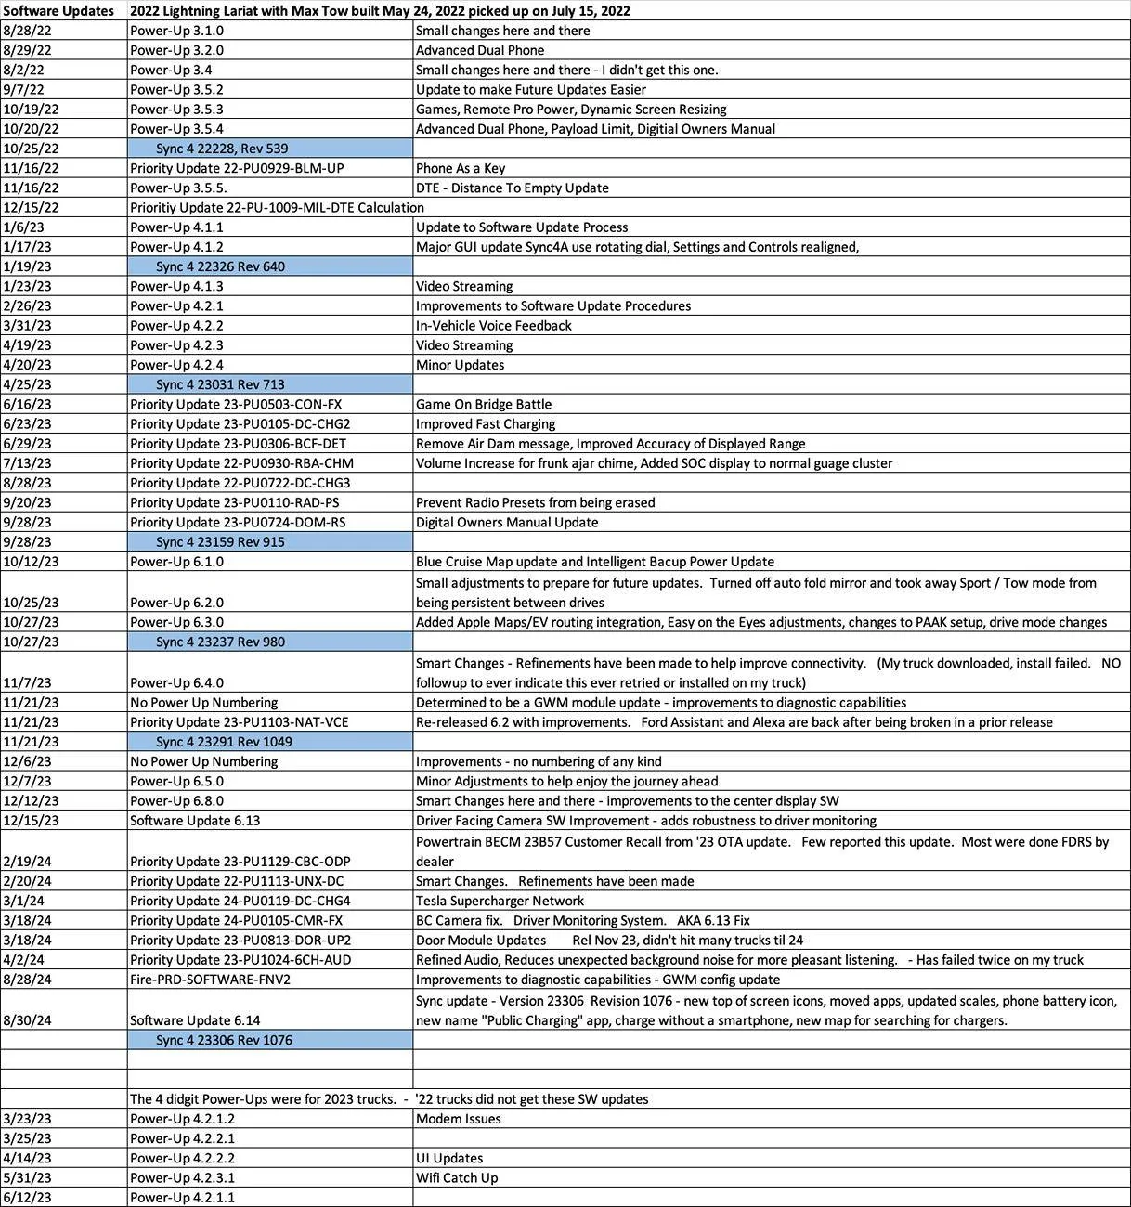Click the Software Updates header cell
[58, 11]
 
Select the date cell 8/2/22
[24, 70]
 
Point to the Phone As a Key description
[461, 168]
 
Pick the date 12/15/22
[31, 208]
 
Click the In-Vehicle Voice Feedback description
[493, 326]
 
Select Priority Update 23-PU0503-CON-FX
[236, 405]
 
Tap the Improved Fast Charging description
[486, 424]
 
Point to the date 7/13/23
[28, 463]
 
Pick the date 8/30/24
[28, 1020]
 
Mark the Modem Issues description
[458, 1119]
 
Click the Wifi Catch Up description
[456, 1178]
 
